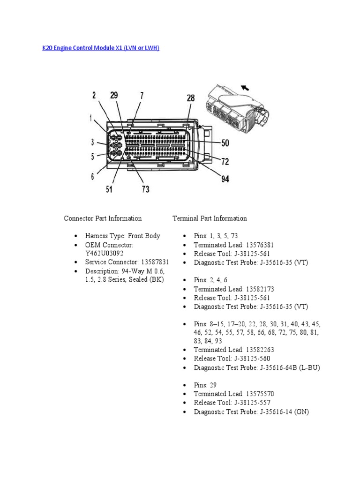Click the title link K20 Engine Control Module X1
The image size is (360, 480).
[101, 48]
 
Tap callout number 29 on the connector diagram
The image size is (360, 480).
[114, 96]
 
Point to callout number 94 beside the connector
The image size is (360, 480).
[225, 179]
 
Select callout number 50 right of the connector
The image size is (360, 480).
[225, 143]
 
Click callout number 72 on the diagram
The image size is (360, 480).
[225, 162]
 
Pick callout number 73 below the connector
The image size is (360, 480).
[145, 189]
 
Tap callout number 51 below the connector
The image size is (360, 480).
[109, 189]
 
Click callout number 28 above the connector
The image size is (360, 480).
[190, 98]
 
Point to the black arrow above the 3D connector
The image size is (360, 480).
[244, 87]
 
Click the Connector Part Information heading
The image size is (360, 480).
[103, 218]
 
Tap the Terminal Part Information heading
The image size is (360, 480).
[210, 218]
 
